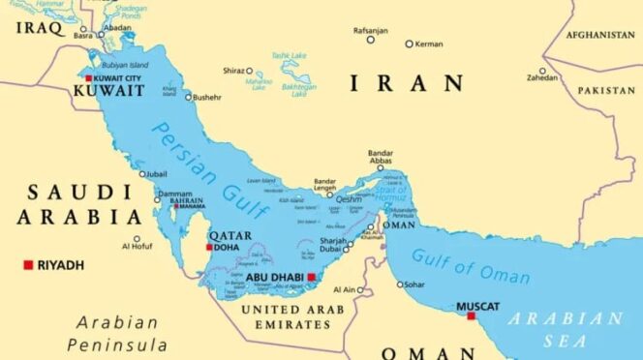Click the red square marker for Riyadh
pyautogui.click(x=28, y=265)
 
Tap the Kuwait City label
pyautogui.click(x=121, y=76)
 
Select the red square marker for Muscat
pyautogui.click(x=471, y=315)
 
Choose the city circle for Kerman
pyautogui.click(x=409, y=44)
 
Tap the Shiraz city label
pyautogui.click(x=232, y=71)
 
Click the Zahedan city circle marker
pyautogui.click(x=542, y=71)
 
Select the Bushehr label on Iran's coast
pyautogui.click(x=207, y=97)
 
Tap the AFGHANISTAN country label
pyautogui.click(x=599, y=35)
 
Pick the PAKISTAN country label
pyautogui.click(x=606, y=90)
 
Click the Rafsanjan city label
pyautogui.click(x=370, y=30)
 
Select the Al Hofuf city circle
pyautogui.click(x=137, y=239)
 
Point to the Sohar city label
pyautogui.click(x=415, y=285)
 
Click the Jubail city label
pyautogui.click(x=157, y=175)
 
